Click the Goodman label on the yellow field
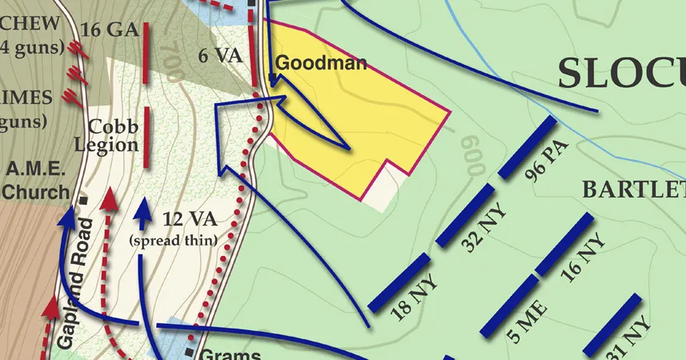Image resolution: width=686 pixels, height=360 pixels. pyautogui.click(x=320, y=63)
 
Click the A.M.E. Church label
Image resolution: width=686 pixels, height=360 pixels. pyautogui.click(x=37, y=181)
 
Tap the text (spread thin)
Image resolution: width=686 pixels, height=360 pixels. pyautogui.click(x=173, y=239)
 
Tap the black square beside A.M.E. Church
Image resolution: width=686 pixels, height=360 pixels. pyautogui.click(x=83, y=199)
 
